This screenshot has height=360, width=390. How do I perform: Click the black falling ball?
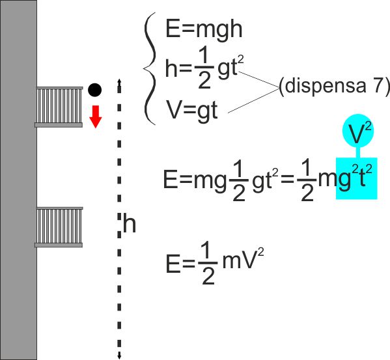coord(95,89)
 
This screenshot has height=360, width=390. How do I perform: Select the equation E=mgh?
coord(204,29)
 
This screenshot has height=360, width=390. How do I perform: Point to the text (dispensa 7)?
coord(334,86)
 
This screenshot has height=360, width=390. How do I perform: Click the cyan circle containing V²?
coord(358,131)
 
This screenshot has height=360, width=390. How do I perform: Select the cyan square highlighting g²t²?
coord(357,178)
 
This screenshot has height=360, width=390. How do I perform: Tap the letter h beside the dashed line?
coord(130,224)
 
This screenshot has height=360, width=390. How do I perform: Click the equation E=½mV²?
coord(214,264)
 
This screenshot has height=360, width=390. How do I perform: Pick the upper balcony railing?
coord(59,105)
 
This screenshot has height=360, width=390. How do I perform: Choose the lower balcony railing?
coord(59,225)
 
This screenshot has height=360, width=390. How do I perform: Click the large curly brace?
coord(150,68)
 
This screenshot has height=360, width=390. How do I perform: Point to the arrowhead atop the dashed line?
coord(119,82)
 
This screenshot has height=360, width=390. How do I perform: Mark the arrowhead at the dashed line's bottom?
coord(119,356)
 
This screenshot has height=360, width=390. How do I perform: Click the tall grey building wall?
coord(18,180)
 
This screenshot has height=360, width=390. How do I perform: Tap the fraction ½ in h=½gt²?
coord(204,68)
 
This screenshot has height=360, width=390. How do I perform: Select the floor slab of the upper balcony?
coord(59,125)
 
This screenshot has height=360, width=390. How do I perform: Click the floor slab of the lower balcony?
coord(59,245)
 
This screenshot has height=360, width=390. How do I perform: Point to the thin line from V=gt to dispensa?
coord(253,100)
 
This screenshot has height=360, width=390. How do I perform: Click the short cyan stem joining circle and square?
coord(358,152)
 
